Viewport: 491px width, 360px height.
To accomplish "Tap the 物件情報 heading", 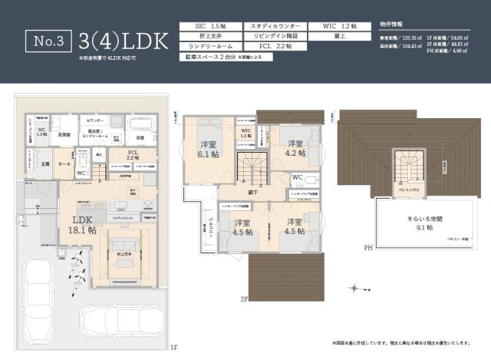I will pyautogui.click(x=393, y=24).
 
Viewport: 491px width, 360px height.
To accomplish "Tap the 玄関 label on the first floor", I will pyautogui.click(x=44, y=163).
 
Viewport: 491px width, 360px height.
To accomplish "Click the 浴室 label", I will pyautogui.click(x=140, y=138).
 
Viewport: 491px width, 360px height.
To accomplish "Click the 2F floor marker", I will pyautogui.click(x=244, y=299).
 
